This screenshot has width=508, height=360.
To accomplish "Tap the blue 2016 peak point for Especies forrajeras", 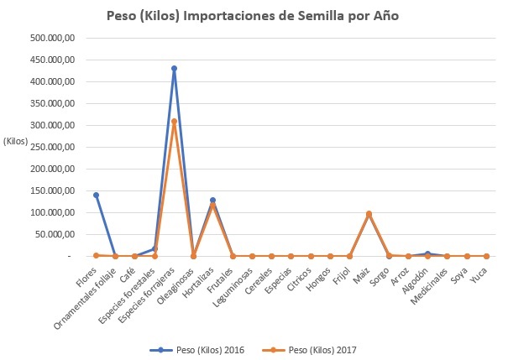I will [174, 69].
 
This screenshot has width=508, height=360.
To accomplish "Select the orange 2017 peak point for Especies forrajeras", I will [174, 122].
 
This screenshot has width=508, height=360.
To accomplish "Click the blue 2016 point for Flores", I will [96, 195].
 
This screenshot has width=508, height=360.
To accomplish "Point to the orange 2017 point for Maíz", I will [369, 214].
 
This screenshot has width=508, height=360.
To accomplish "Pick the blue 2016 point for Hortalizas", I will [212, 200].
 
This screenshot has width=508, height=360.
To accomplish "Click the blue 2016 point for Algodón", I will [427, 253].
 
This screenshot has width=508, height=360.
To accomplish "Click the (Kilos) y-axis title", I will [16, 140].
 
